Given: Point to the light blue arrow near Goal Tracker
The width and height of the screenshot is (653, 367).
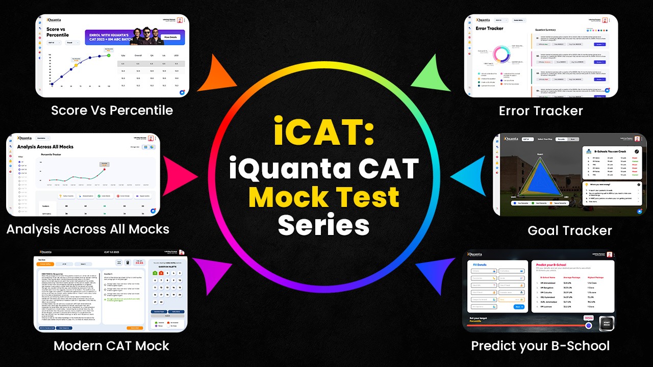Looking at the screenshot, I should [468, 176].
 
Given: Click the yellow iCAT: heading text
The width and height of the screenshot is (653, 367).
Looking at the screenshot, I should [324, 132].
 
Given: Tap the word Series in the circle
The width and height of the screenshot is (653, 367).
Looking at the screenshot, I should [324, 224].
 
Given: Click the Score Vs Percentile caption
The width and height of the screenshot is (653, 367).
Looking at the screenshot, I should [112, 110].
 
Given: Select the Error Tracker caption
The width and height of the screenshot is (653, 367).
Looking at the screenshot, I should [541, 111].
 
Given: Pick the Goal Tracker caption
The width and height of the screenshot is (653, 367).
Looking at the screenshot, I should [569, 230].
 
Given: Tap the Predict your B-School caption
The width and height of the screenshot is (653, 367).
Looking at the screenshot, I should [540, 346].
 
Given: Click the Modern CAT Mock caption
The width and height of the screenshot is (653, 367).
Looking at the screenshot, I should [111, 346].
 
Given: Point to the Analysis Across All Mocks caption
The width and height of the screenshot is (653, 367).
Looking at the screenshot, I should [88, 229].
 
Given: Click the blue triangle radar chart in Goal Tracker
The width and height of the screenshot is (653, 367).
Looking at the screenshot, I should [540, 178].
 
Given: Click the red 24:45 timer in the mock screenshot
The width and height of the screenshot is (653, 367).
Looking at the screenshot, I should [139, 263].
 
